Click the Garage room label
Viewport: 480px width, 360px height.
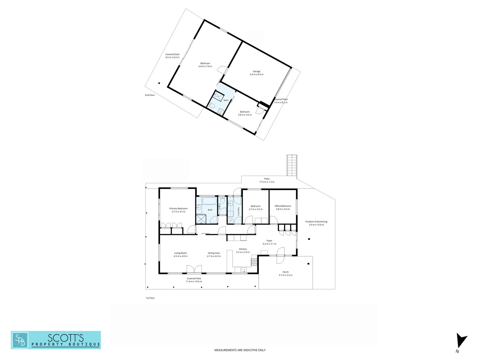(x=256, y=71)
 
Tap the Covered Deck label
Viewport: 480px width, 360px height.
(x=172, y=54)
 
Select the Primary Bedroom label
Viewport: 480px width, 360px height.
(x=178, y=209)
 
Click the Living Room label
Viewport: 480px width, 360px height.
(x=180, y=253)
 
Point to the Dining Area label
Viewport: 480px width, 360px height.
(x=214, y=253)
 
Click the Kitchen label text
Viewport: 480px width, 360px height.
(x=243, y=249)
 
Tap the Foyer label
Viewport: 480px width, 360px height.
(x=269, y=241)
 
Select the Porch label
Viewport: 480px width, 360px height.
(x=286, y=272)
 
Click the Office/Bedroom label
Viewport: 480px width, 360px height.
(x=283, y=206)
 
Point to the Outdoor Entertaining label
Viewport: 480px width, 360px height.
(x=316, y=222)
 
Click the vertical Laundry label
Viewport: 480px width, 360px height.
(x=239, y=211)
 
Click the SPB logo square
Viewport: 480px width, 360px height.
(x=20, y=340)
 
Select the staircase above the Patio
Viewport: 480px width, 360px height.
(x=292, y=165)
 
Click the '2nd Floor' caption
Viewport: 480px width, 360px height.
(x=150, y=95)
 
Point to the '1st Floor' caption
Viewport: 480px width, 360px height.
(x=150, y=298)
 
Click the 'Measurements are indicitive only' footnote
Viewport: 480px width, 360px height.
(x=240, y=350)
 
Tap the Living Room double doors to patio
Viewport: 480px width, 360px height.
(x=194, y=269)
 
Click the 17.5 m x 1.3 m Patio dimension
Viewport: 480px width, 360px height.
(x=267, y=182)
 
